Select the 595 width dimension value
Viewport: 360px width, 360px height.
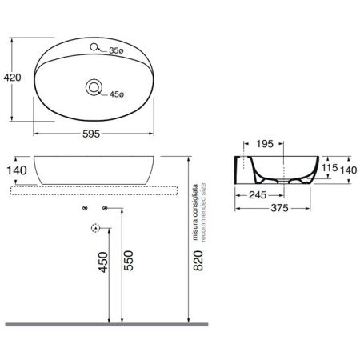[x=95, y=135]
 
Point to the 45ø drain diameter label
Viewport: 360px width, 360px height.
[x=116, y=94]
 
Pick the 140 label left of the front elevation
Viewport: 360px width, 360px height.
[x=17, y=170]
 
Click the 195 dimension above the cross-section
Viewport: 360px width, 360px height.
[x=266, y=144]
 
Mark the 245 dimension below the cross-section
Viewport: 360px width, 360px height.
[x=257, y=194]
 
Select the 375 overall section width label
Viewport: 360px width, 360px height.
[x=278, y=210]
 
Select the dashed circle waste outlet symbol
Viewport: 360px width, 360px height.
[x=96, y=229]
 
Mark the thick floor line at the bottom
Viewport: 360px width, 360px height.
[x=104, y=324]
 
